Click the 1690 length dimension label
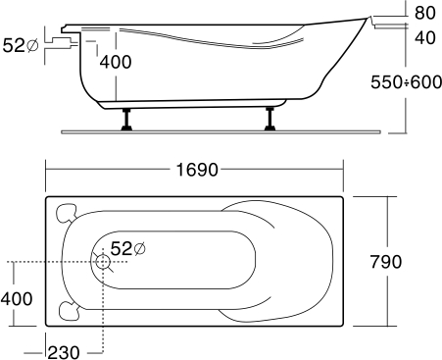pos(197,170)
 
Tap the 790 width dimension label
pos(386,262)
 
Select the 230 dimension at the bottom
pos(64,352)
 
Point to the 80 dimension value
pos(425,13)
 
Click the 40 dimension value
pos(425,37)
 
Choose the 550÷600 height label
pos(406,82)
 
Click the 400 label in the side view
pos(116,62)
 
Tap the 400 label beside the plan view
pos(17,299)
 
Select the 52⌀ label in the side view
pos(21,45)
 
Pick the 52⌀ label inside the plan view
pos(127,249)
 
